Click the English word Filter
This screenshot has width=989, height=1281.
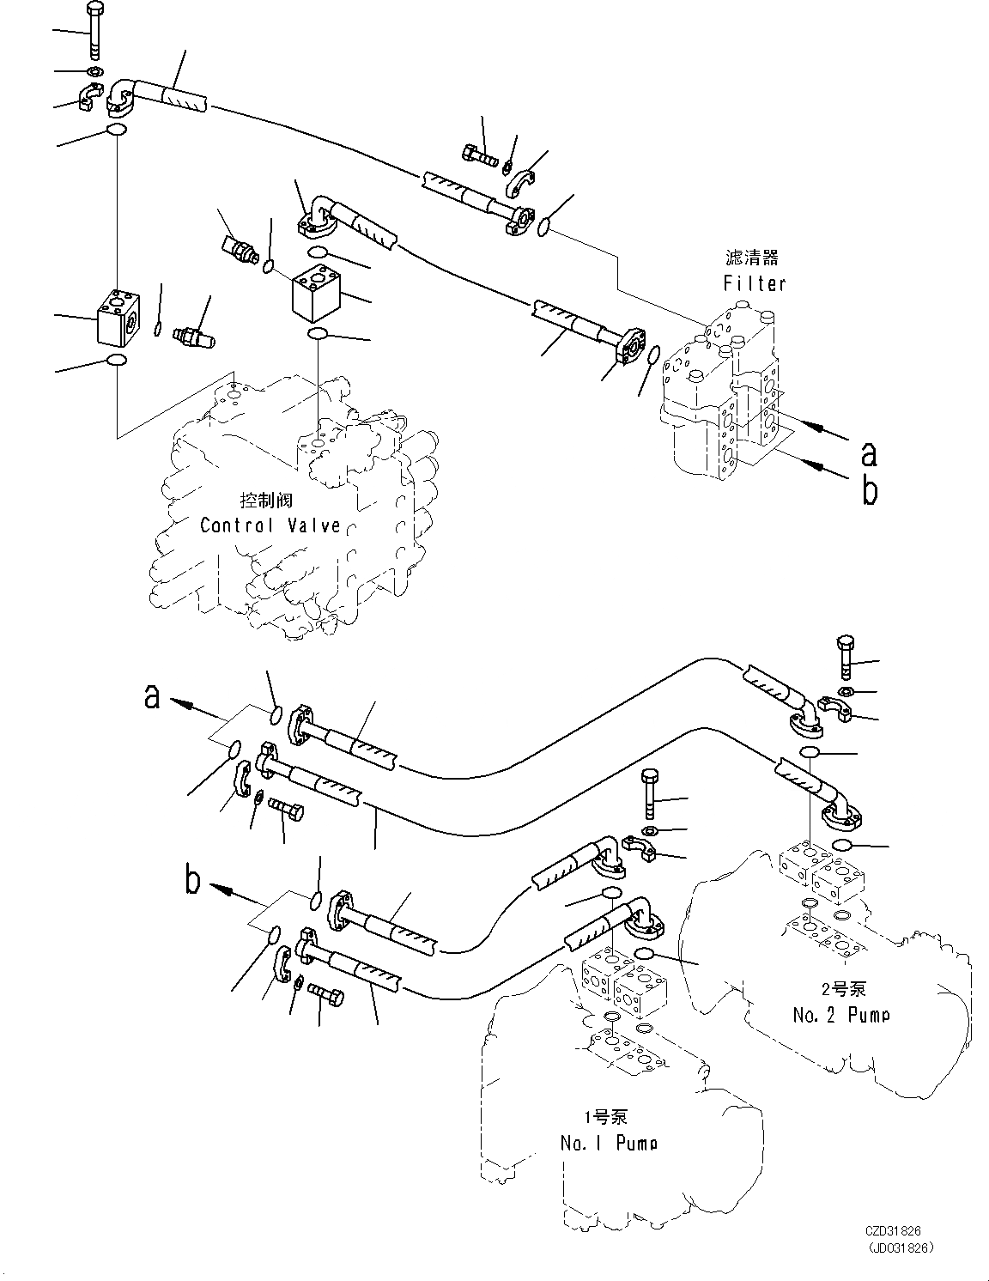click(755, 283)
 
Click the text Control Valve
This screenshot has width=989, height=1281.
click(270, 525)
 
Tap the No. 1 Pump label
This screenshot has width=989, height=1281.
click(609, 1143)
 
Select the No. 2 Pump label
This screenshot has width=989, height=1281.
click(841, 1015)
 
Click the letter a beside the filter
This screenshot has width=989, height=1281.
click(869, 454)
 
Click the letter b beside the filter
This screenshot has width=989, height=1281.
click(870, 490)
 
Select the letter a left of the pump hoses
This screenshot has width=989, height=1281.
click(152, 697)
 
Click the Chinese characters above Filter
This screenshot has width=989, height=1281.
click(751, 258)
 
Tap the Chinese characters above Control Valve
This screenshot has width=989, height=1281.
click(266, 501)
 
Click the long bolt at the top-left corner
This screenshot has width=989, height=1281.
click(94, 31)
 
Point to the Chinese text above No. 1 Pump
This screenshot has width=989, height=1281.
click(606, 1116)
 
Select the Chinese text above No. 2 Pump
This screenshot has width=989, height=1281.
click(844, 988)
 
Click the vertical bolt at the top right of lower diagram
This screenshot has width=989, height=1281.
click(846, 658)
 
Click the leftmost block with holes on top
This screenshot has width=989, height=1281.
click(119, 318)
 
